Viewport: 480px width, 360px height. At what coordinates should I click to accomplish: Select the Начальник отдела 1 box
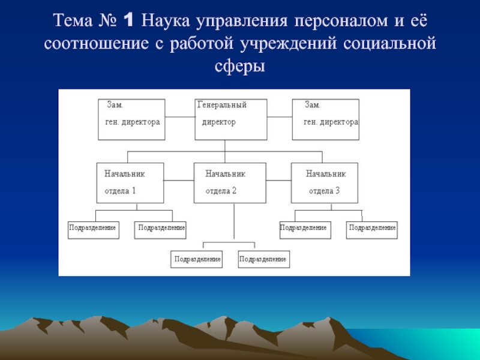tap(130, 182)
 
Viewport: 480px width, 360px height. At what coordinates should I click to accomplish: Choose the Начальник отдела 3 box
tap(324, 182)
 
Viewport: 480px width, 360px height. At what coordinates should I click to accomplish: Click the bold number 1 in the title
tap(127, 22)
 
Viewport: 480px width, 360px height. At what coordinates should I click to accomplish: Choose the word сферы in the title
tap(240, 66)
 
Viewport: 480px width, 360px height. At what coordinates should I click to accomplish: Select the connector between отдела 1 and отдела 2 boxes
tap(179, 178)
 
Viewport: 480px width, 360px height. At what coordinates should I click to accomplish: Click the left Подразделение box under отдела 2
tap(196, 259)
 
